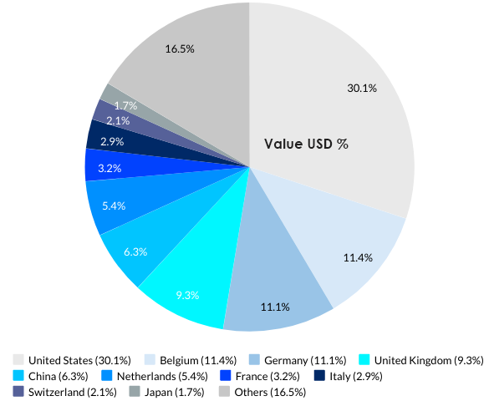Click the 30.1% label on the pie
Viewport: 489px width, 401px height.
tap(362, 88)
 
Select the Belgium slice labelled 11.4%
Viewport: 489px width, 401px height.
tap(358, 257)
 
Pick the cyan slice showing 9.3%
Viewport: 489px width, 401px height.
tap(186, 294)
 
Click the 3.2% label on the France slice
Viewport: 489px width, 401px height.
tap(110, 168)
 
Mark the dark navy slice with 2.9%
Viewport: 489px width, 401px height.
tap(112, 142)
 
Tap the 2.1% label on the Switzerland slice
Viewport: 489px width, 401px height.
tap(117, 120)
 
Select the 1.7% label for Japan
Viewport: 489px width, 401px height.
tap(126, 106)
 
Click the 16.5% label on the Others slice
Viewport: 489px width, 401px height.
tap(180, 49)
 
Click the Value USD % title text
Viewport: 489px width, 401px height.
tap(306, 144)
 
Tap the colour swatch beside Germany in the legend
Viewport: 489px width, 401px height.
tap(253, 360)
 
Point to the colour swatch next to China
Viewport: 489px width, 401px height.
tap(19, 376)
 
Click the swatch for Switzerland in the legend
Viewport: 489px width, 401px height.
tap(19, 391)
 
